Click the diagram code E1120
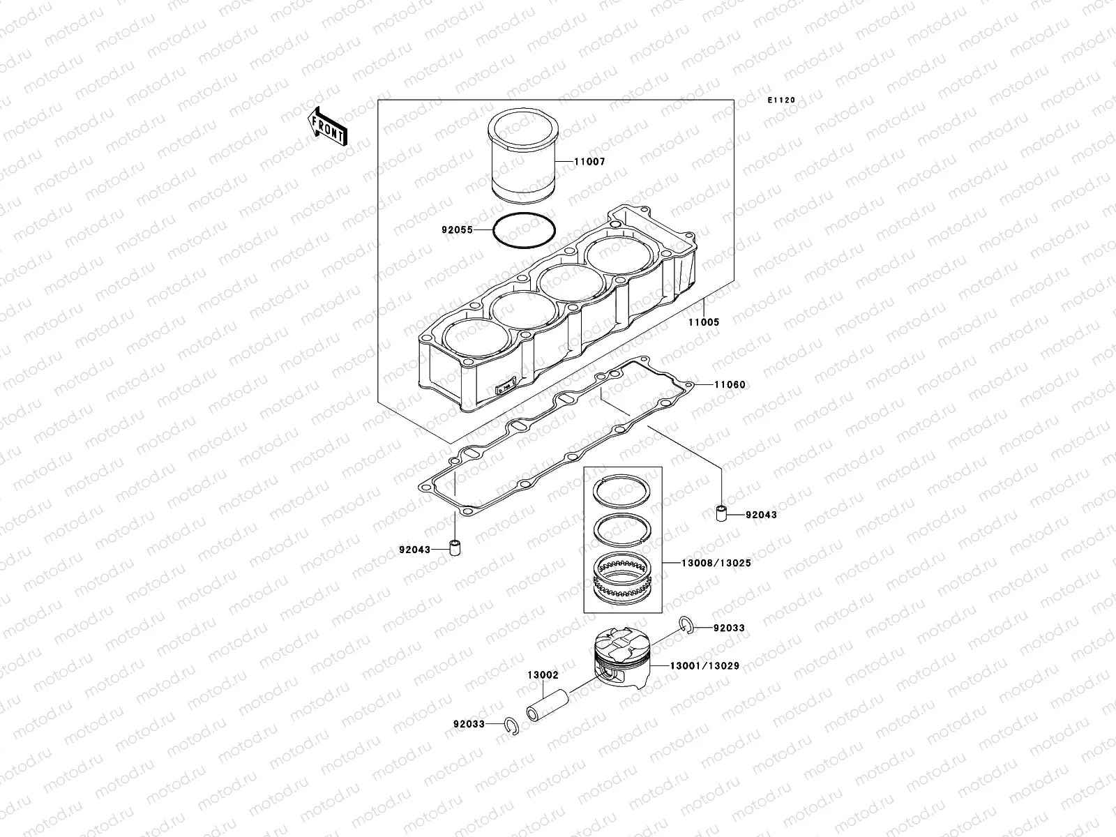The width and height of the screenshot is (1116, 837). (781, 100)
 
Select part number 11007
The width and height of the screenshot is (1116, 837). (589, 162)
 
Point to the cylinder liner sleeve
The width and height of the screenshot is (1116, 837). (524, 164)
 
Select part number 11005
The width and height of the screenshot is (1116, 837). (704, 323)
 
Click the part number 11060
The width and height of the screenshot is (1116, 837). (730, 385)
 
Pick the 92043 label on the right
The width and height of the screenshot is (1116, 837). (761, 515)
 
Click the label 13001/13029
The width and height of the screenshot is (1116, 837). (704, 667)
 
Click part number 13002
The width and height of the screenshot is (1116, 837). (543, 675)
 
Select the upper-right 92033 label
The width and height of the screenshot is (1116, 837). (729, 628)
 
